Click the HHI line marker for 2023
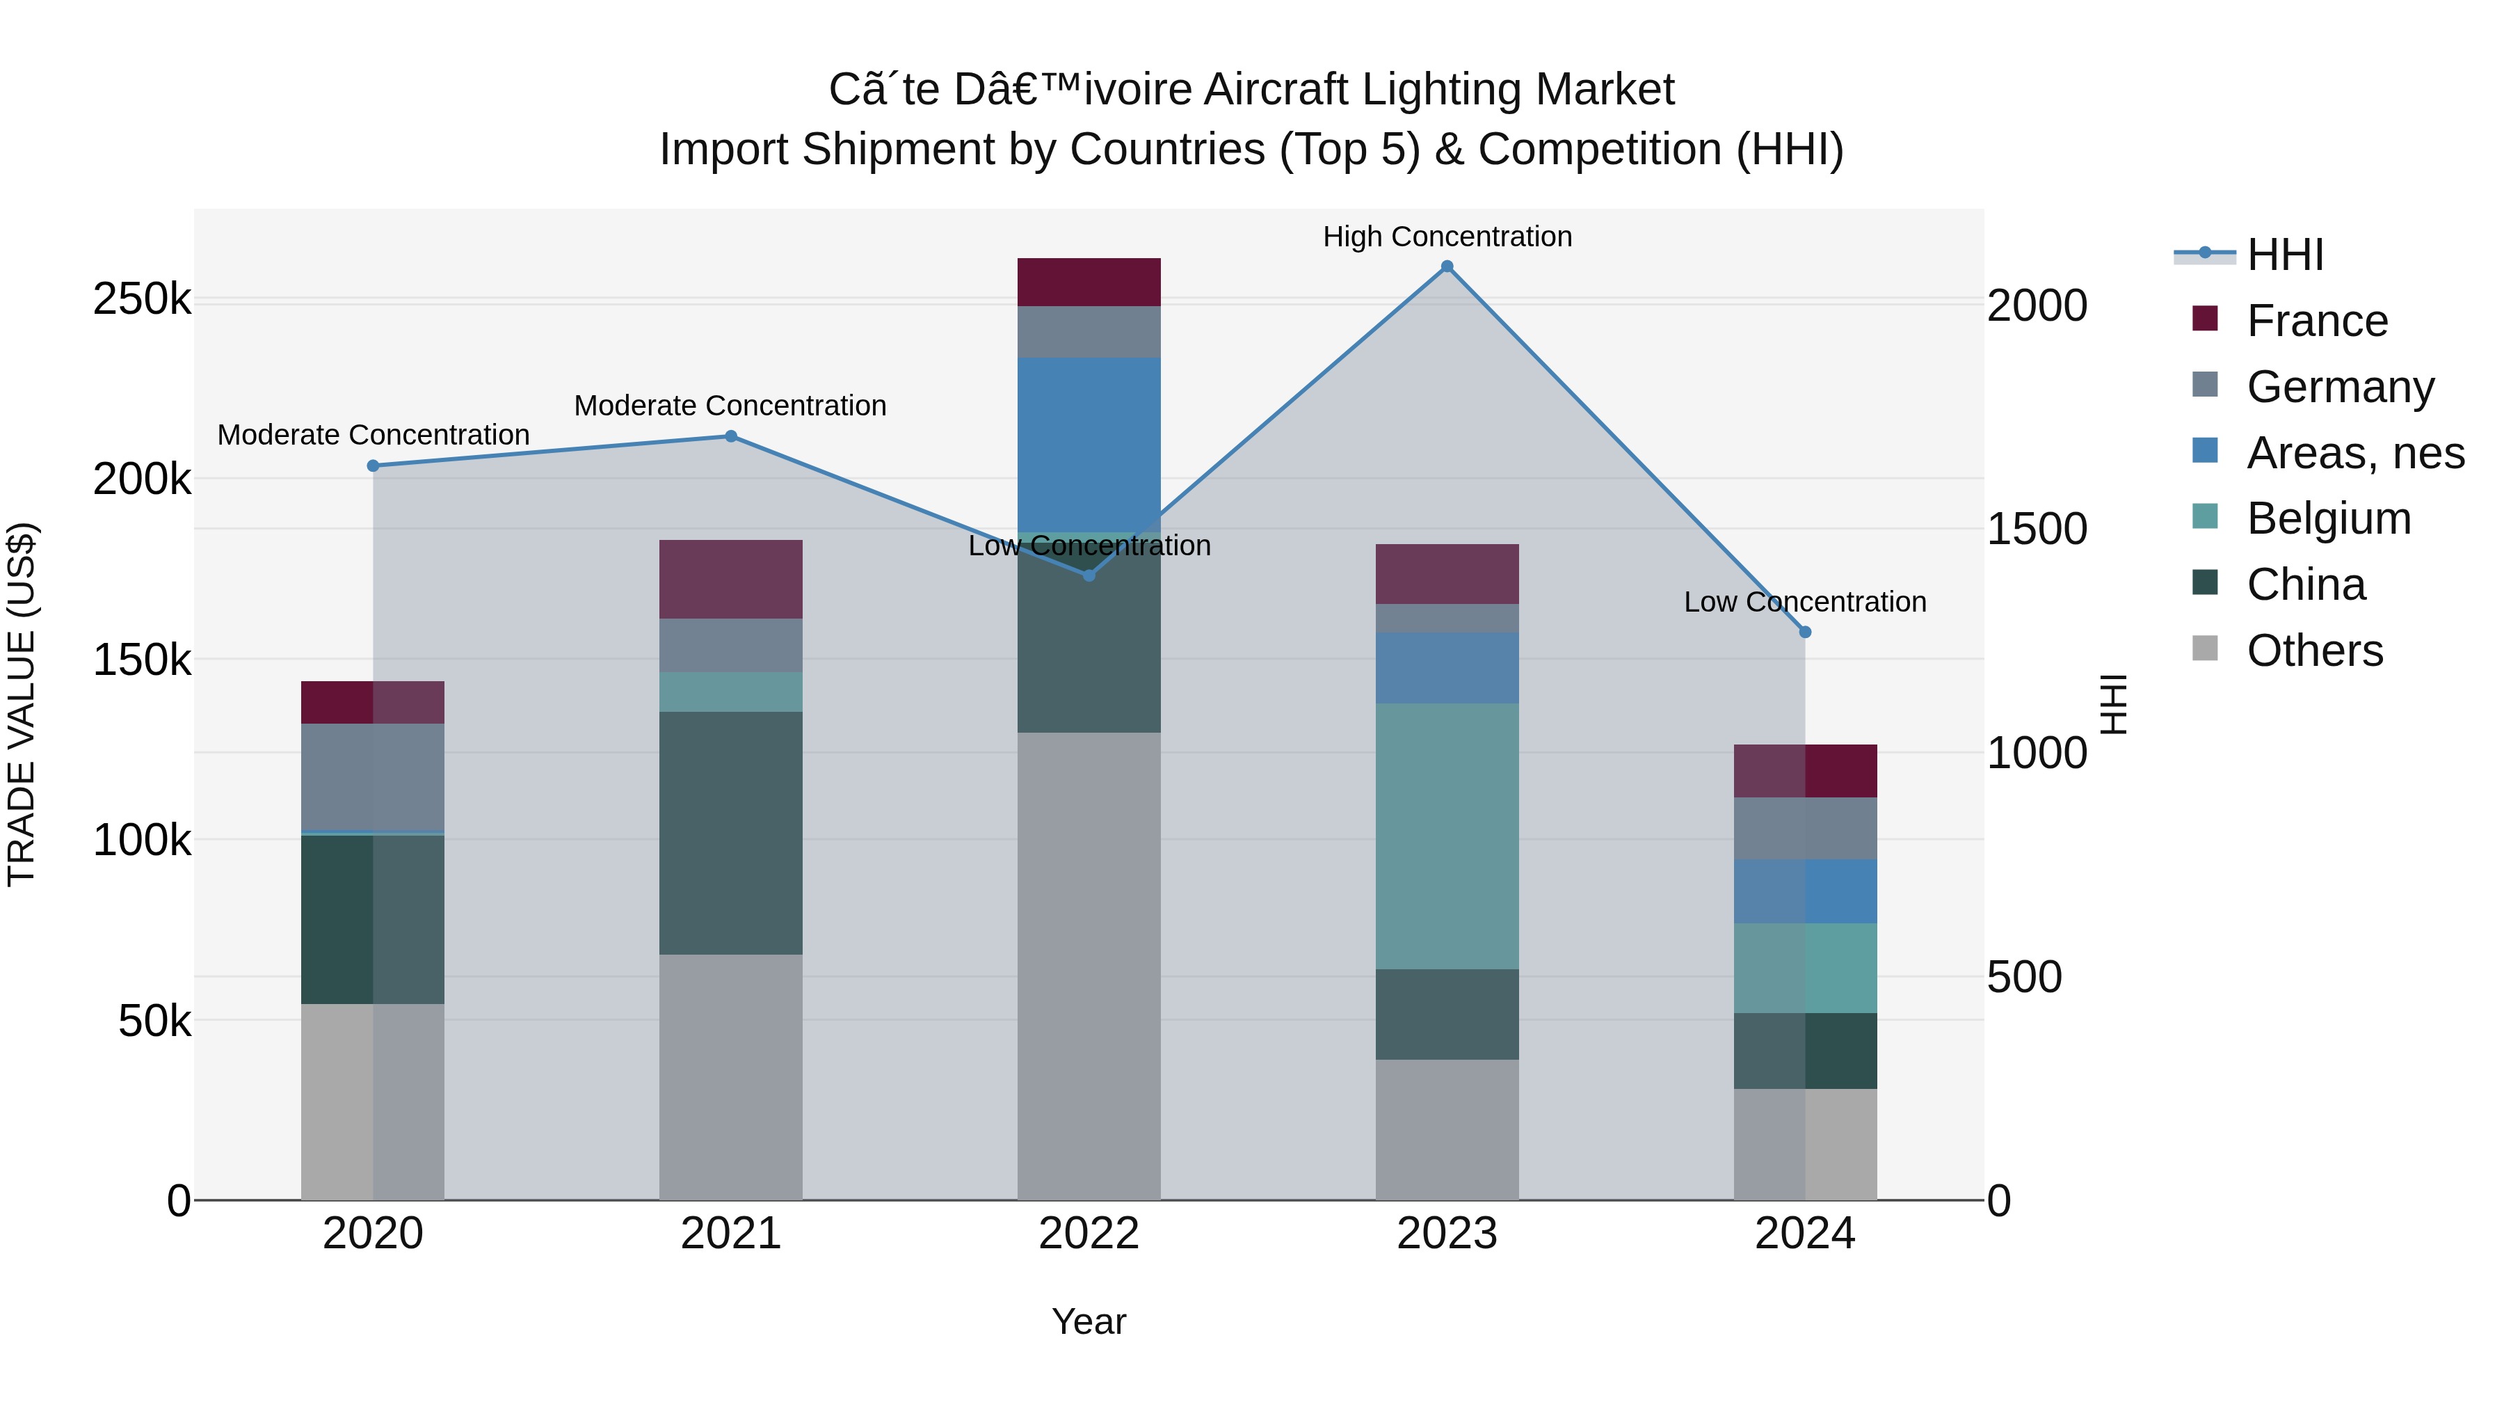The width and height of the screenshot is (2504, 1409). pyautogui.click(x=1447, y=266)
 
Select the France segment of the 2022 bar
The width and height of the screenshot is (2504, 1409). pyautogui.click(x=1089, y=282)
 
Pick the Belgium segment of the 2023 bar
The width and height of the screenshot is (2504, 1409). pyautogui.click(x=1447, y=836)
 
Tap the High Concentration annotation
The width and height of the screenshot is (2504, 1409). pyautogui.click(x=1447, y=237)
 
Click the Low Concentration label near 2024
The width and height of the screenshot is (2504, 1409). pyautogui.click(x=1804, y=602)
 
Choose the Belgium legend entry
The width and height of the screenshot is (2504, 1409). pyautogui.click(x=2328, y=518)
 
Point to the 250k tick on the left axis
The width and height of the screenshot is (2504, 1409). pyautogui.click(x=141, y=299)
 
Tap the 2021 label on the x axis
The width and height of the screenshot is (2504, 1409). pyautogui.click(x=730, y=1234)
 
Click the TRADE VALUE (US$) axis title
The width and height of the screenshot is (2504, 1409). pyautogui.click(x=22, y=704)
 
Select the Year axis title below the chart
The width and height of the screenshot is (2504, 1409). pyautogui.click(x=1089, y=1321)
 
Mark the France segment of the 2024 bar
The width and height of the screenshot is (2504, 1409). pyautogui.click(x=1804, y=771)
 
